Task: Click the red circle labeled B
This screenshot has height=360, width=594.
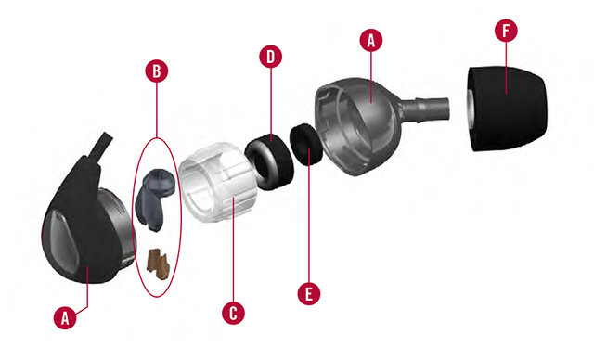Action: tap(157, 71)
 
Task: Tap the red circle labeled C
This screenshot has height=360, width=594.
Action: tap(233, 313)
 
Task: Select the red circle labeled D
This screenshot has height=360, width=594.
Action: tap(270, 57)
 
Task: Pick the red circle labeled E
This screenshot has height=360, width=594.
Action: tap(309, 293)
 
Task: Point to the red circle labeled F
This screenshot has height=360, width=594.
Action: tap(506, 31)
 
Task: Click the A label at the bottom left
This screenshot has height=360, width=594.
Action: tap(65, 317)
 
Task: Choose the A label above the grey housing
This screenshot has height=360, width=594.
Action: tap(371, 40)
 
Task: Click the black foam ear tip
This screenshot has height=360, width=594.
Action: tap(508, 109)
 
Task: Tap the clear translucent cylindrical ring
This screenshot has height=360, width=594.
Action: tap(217, 181)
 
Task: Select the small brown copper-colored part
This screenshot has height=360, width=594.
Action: tap(158, 264)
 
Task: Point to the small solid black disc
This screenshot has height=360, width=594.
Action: tap(306, 145)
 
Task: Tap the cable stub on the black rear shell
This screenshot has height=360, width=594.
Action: tap(101, 147)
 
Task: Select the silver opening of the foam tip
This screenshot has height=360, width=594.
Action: tap(471, 109)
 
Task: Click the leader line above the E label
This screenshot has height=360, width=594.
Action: tap(309, 216)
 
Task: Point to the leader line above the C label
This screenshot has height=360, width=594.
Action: tap(233, 250)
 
